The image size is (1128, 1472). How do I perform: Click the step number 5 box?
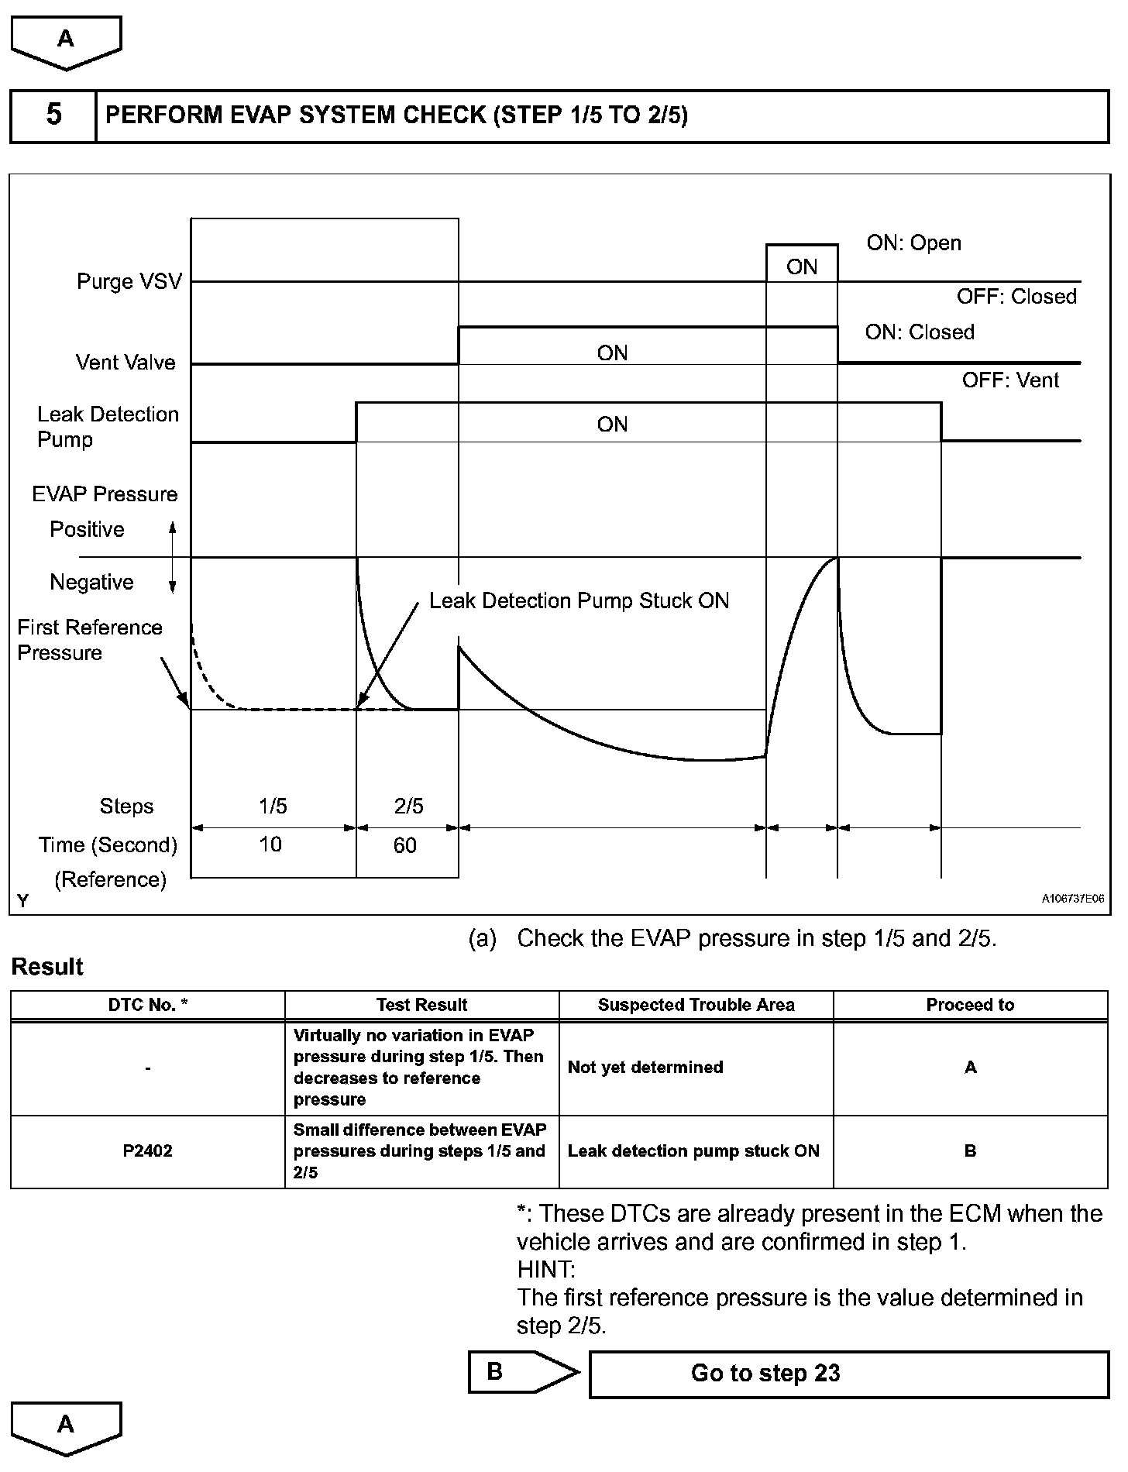53,115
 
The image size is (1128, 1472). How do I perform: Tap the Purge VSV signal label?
129,281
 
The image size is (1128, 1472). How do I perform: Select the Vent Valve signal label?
126,363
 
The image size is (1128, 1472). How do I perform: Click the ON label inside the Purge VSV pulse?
802,267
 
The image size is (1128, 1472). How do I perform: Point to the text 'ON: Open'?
913,243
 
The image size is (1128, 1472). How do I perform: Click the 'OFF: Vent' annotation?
1010,380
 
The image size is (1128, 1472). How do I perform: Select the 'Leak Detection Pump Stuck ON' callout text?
579,601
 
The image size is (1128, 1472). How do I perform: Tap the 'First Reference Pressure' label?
89,640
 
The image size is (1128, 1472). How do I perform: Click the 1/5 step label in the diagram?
273,807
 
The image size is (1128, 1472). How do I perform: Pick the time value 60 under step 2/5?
405,845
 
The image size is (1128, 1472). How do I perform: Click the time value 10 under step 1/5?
270,844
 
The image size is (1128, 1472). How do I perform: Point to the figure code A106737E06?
1072,899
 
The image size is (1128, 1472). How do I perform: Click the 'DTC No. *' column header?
148,1005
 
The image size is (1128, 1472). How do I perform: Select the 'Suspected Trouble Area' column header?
696,1005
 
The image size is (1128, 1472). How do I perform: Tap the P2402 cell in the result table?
148,1151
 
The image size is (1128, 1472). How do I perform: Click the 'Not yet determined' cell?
645,1068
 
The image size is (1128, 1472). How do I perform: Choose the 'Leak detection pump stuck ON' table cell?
693,1151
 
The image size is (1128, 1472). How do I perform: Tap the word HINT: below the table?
545,1270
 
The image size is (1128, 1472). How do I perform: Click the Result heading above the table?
47,967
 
